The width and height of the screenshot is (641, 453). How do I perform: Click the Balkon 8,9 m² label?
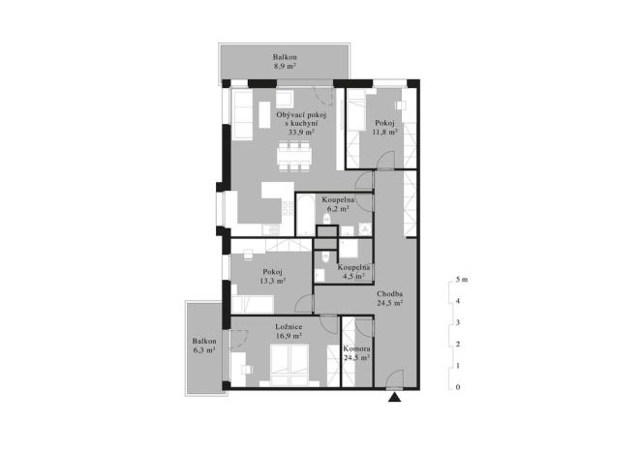click(285, 63)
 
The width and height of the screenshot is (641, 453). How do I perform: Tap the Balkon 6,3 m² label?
click(203, 346)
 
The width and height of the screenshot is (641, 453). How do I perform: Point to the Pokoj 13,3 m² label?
click(273, 278)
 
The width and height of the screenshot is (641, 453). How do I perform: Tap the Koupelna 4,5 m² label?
click(352, 270)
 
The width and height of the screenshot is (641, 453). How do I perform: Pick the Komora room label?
click(357, 352)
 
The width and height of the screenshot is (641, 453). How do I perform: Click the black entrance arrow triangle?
click(395, 396)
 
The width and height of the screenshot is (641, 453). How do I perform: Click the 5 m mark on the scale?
click(461, 280)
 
